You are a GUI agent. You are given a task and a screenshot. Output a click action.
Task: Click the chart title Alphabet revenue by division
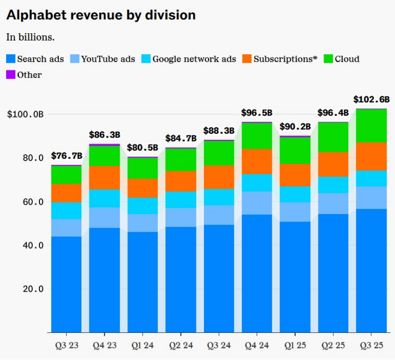point(101,15)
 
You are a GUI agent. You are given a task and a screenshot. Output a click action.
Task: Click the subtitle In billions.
point(30,37)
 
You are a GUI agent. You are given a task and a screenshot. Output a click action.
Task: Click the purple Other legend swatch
point(10,75)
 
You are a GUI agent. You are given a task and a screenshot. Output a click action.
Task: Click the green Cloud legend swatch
point(328,59)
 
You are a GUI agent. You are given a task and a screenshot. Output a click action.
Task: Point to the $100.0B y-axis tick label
point(25,114)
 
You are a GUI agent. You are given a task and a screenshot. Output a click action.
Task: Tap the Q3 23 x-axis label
point(66,345)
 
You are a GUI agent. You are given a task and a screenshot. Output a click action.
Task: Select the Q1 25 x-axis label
point(295,345)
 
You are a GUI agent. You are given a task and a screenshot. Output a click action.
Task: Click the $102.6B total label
point(371,99)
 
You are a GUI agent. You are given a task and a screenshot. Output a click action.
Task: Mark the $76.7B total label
point(67,156)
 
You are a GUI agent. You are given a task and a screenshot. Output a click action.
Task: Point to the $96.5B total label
point(257,113)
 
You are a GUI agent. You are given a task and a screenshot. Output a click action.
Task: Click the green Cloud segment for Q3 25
point(371,126)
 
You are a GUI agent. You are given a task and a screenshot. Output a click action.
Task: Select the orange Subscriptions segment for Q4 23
point(105,177)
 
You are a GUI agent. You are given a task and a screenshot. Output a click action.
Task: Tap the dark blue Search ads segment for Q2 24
point(181,279)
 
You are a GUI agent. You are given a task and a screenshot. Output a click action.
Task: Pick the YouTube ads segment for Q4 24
point(257,203)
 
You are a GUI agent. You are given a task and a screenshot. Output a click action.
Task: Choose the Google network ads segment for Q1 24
point(143,206)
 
